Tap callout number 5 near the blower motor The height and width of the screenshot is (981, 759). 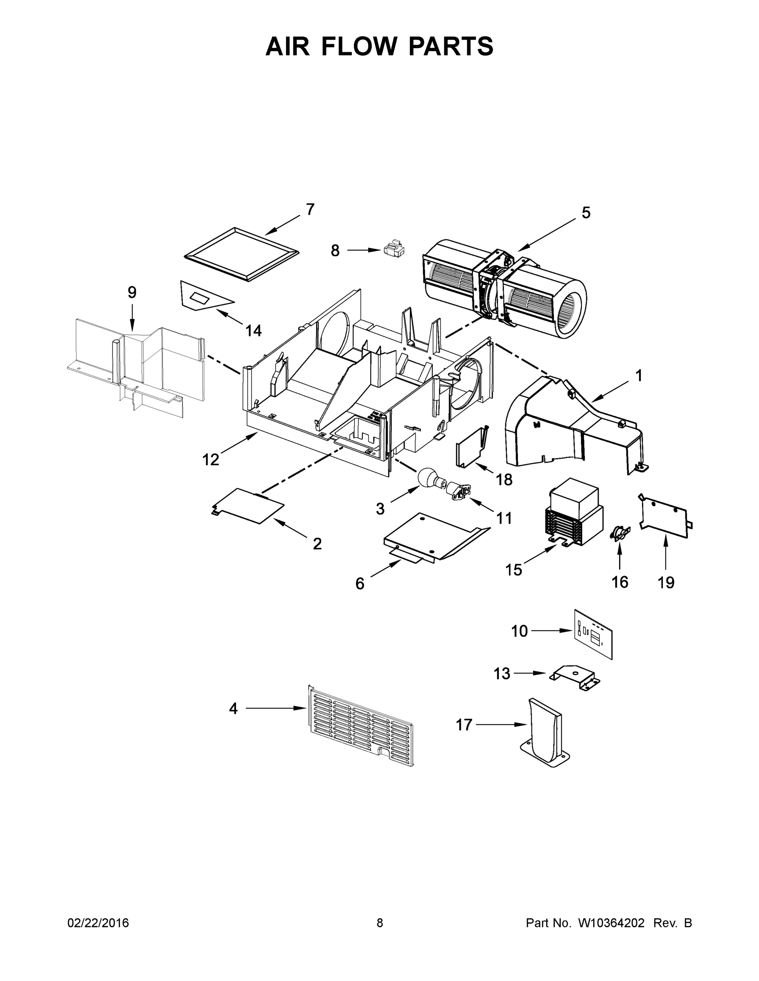[586, 213]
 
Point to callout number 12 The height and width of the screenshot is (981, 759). [210, 459]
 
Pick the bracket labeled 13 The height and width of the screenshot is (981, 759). [574, 677]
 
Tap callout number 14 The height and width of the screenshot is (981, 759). [254, 331]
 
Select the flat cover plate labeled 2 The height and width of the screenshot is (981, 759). [248, 505]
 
